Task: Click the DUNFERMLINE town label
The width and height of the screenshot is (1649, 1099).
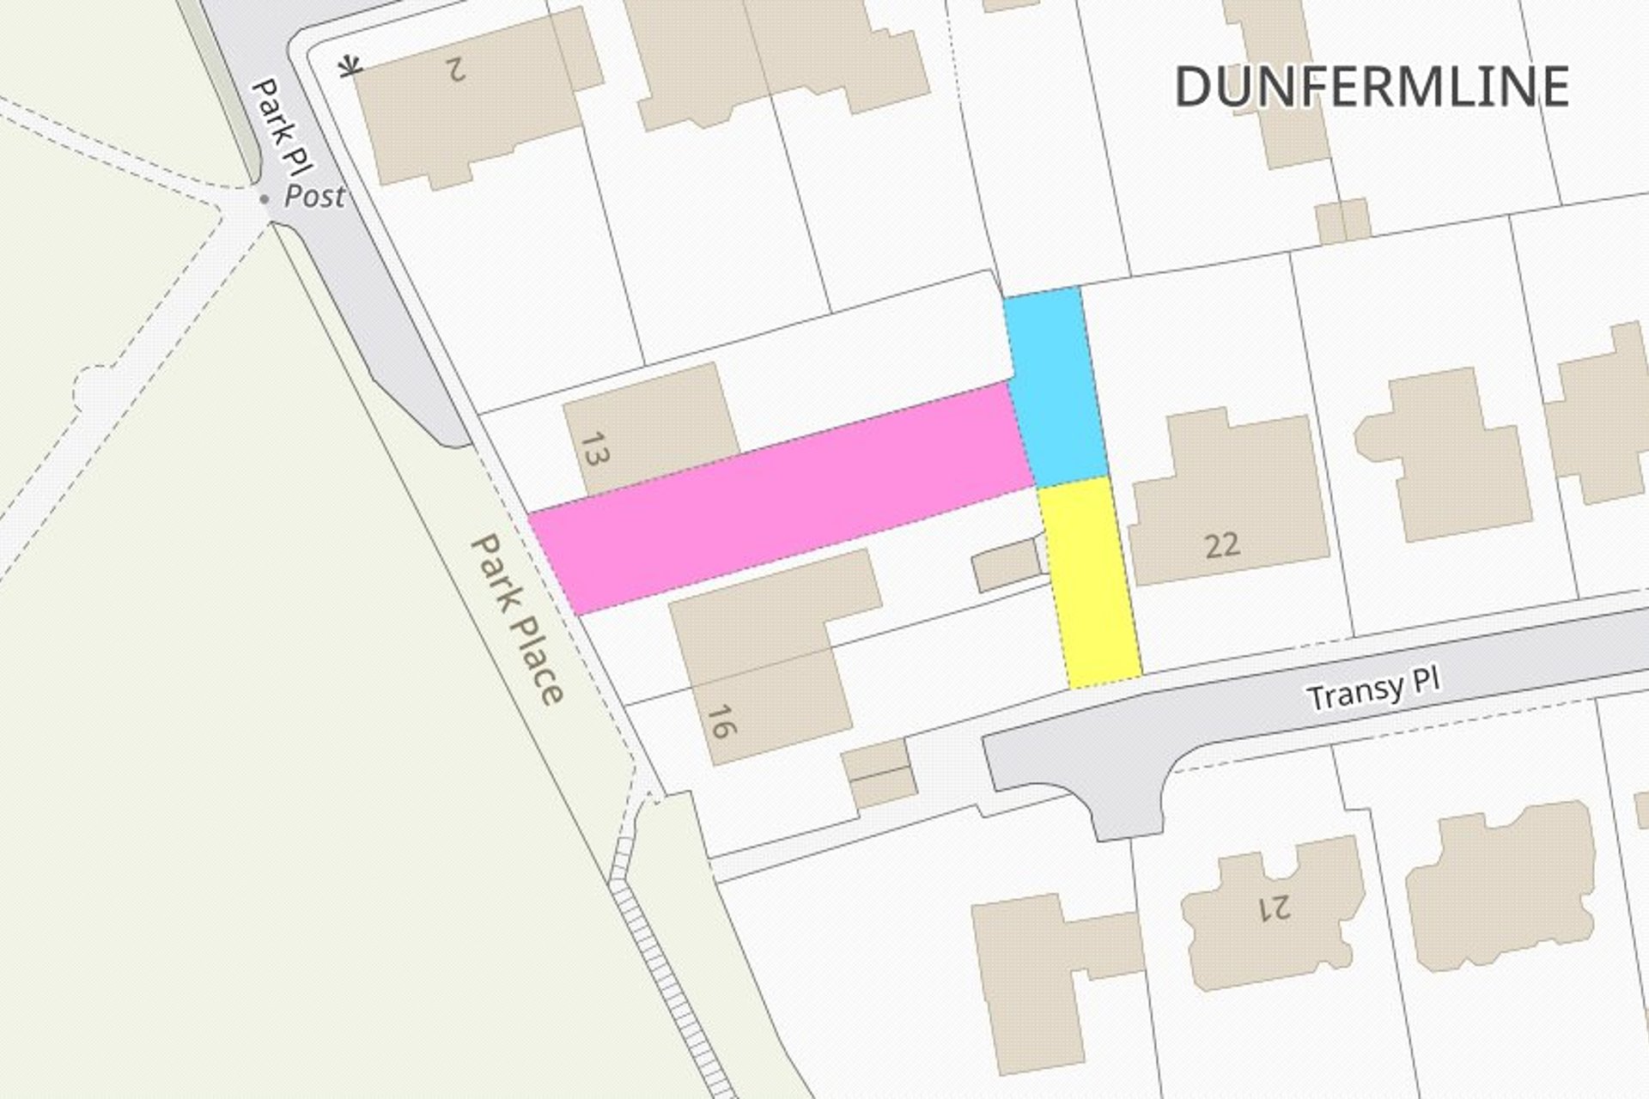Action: pos(1372,87)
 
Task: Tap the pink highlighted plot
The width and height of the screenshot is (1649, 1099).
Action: pos(782,498)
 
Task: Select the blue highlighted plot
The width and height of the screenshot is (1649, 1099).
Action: pos(1055,386)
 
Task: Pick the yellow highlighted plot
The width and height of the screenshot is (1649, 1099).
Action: pos(1089,584)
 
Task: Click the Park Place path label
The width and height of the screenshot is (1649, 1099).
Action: pos(517,618)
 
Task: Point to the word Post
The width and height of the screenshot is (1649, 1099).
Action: pos(314,197)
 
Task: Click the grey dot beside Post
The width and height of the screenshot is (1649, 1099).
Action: pos(265,199)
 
